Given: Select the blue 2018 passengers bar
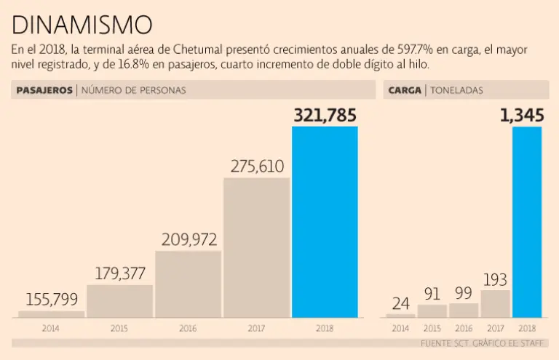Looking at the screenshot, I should (x=325, y=222).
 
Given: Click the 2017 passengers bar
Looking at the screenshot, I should (x=256, y=247).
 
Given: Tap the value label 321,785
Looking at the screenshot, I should (x=325, y=115).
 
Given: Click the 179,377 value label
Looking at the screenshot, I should (x=120, y=274).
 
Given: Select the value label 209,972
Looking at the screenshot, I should (x=189, y=239).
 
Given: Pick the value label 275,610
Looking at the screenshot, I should (x=257, y=166).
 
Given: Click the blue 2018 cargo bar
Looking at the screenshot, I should (x=527, y=222).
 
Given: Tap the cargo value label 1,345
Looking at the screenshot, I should (x=520, y=115).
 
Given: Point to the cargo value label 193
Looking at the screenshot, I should (x=495, y=279).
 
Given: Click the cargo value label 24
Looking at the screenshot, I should (x=400, y=303).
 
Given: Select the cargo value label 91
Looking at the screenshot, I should (x=432, y=293).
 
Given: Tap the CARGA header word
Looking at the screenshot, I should (x=404, y=90).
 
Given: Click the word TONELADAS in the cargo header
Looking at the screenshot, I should (x=456, y=90).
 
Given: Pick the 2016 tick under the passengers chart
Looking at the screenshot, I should (x=188, y=329).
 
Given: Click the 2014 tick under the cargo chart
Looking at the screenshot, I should (x=400, y=329).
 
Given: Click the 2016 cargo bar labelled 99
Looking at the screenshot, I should (x=464, y=310).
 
